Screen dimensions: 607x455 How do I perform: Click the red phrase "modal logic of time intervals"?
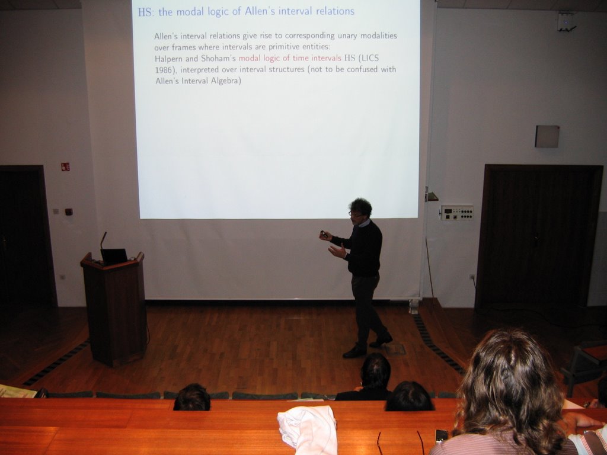(x=290, y=59)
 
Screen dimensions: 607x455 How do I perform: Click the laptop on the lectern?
(x=114, y=257)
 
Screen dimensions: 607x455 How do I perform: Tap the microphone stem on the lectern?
(x=103, y=241)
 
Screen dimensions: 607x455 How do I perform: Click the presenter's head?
(x=360, y=209)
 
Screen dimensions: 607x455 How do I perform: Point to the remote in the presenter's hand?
(x=324, y=234)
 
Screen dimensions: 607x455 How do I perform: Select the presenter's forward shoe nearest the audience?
(x=354, y=352)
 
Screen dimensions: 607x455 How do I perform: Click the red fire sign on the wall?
(x=65, y=166)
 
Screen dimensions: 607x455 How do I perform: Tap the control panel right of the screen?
(x=457, y=213)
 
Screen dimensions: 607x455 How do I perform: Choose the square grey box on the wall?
(x=547, y=136)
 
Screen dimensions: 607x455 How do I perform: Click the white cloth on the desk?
(x=308, y=430)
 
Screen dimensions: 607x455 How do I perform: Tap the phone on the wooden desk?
(x=442, y=435)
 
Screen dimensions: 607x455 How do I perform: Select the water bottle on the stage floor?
(x=413, y=306)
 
